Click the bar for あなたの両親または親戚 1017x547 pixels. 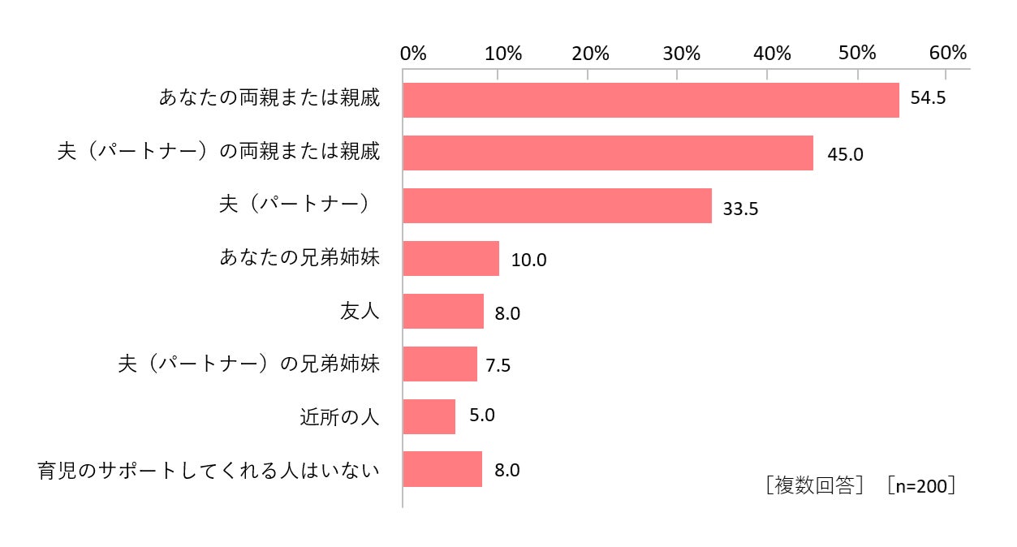coord(651,101)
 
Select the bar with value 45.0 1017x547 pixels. coord(608,153)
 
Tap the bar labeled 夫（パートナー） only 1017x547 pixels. coord(558,205)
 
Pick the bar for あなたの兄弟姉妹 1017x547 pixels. coord(450,258)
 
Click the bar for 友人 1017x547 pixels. coord(443,311)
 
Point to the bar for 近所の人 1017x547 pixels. coord(429,416)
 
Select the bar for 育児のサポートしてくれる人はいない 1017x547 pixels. coord(442,469)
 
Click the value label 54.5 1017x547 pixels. coord(928,97)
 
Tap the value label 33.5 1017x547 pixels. coord(740,209)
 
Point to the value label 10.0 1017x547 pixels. coord(529,260)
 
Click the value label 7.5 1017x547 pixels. coord(498,365)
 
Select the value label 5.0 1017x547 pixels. coord(482,415)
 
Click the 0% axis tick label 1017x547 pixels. coord(413,54)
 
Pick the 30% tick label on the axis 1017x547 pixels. coord(682,54)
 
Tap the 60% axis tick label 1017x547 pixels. coord(948,53)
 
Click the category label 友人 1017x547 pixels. coord(360,311)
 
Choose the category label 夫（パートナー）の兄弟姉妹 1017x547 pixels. coord(249,364)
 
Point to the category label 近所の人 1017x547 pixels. coord(339,416)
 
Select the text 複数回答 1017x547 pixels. coord(815,485)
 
